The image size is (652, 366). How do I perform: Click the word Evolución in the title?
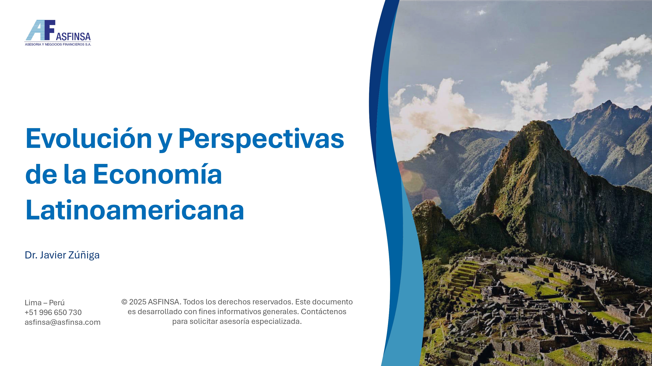coord(89,138)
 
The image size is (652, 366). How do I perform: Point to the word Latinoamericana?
coord(135,210)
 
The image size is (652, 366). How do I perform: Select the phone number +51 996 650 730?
coord(53,312)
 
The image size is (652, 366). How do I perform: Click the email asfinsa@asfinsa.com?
coord(63,322)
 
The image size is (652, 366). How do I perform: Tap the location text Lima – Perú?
coord(45,303)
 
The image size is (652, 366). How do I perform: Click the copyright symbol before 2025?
coord(124,302)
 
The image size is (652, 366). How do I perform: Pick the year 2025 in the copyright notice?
coord(138,302)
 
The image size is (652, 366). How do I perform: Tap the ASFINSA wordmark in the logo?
coord(73,37)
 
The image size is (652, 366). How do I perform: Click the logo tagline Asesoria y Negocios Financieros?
coord(58,44)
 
